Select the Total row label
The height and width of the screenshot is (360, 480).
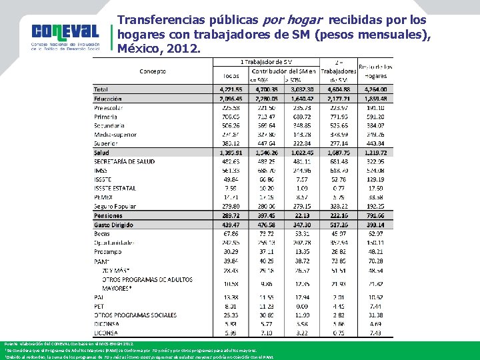(101, 89)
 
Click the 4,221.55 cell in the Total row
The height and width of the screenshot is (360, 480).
(231, 89)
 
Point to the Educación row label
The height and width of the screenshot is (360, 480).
(108, 98)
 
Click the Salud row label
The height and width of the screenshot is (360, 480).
(101, 153)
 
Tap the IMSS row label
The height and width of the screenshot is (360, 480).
(101, 171)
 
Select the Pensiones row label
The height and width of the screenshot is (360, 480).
(108, 216)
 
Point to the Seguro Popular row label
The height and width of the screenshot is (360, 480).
(113, 207)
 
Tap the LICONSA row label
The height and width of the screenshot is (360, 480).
(106, 332)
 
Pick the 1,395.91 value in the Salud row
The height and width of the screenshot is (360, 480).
(231, 153)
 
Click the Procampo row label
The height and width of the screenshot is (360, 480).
(107, 252)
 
